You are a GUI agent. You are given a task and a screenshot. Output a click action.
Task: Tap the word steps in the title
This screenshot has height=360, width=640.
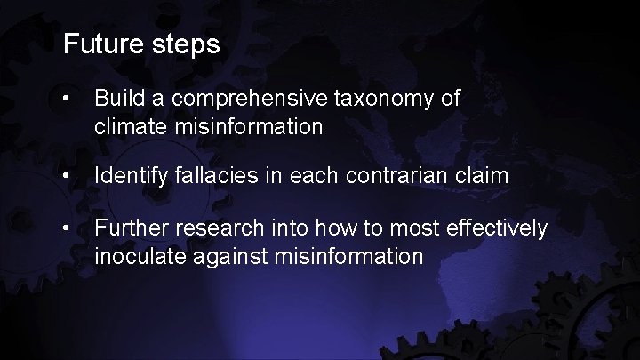[186, 45]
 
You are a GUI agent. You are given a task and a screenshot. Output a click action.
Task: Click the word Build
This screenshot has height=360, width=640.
[116, 98]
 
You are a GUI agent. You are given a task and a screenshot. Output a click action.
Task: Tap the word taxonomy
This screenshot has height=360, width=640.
[384, 99]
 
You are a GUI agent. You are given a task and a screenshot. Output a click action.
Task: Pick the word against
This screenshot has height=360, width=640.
[214, 258]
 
